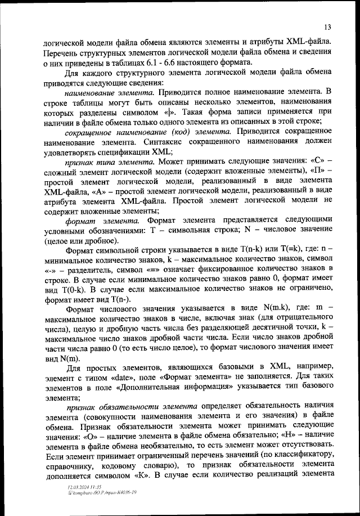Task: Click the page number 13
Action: (x=327, y=27)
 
